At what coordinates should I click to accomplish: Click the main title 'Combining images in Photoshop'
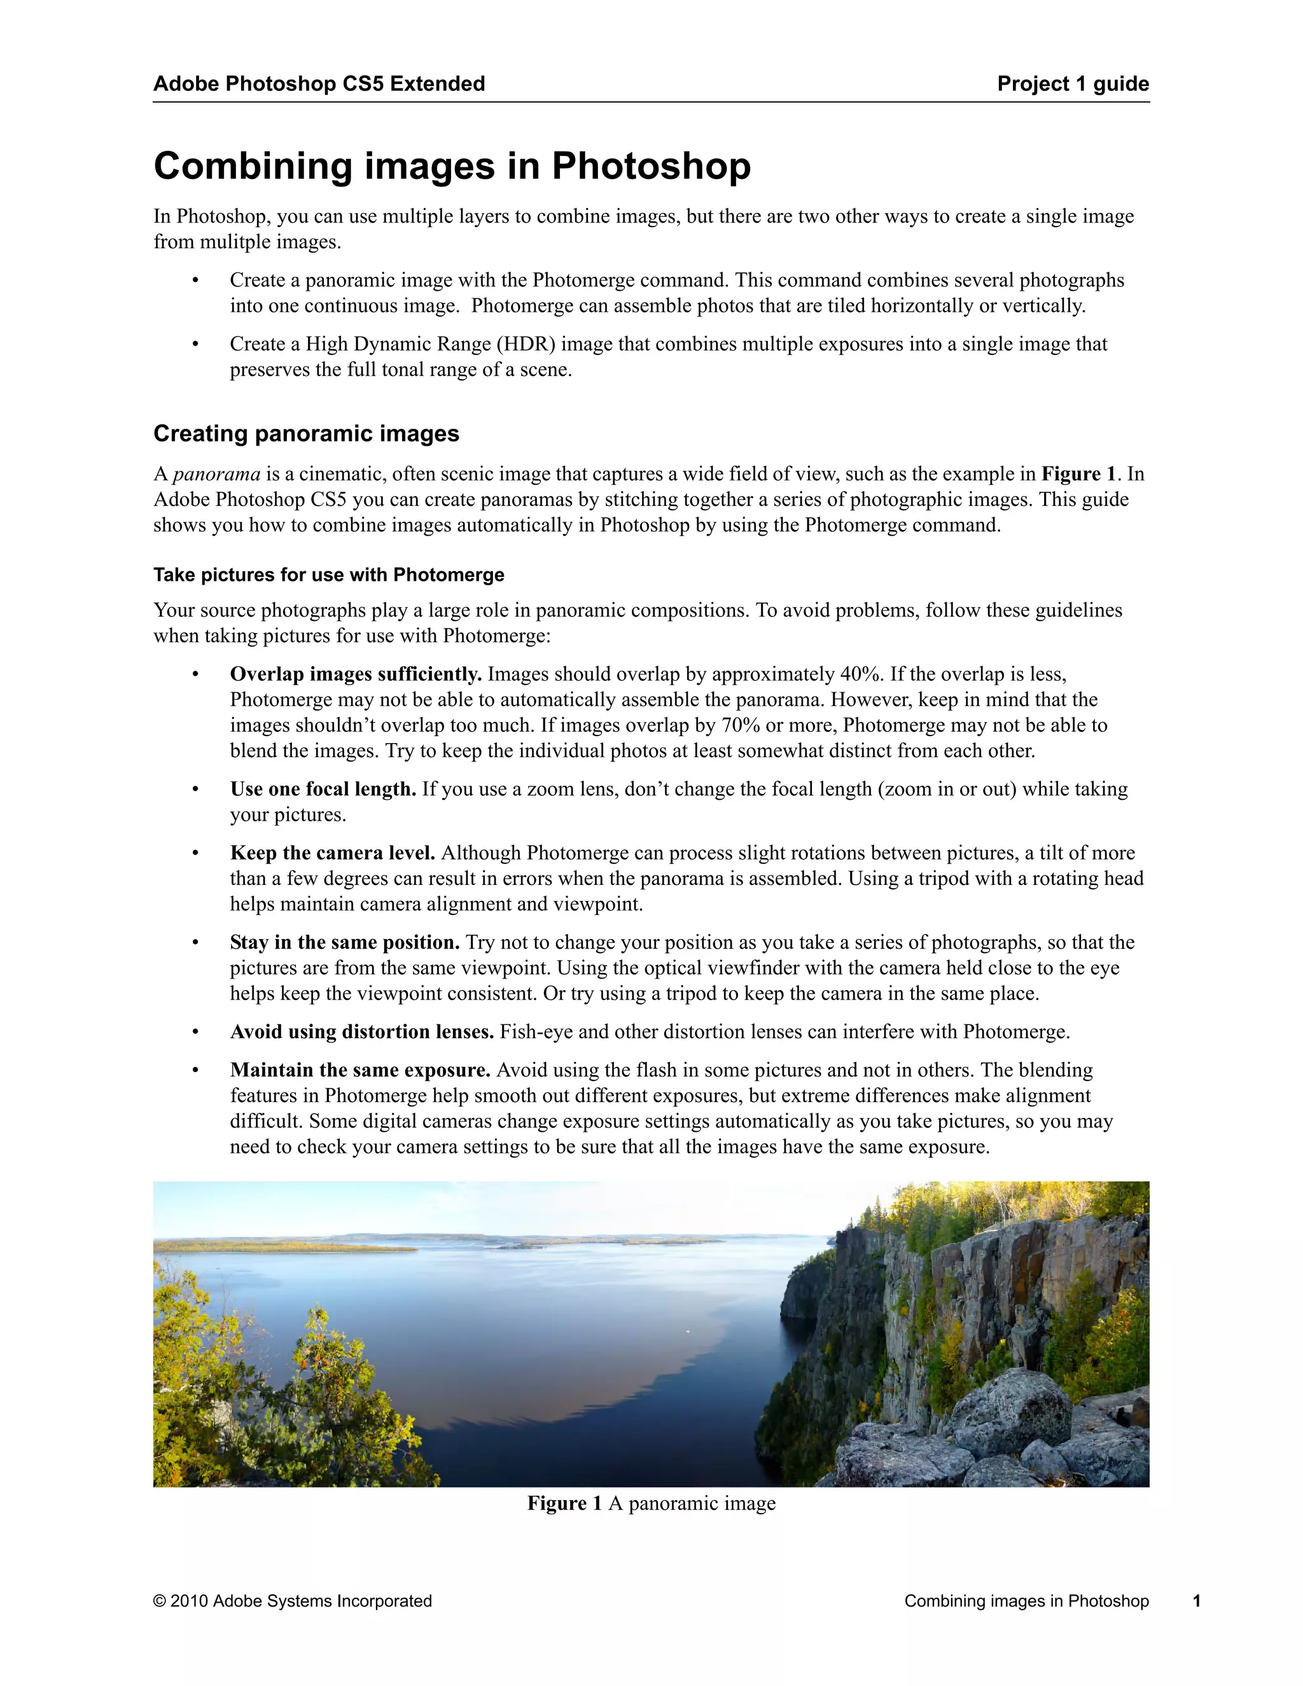452,166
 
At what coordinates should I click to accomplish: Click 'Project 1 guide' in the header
1072,83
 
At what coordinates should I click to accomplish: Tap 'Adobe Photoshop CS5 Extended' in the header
319,83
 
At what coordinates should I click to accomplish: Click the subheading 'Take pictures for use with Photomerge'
328,575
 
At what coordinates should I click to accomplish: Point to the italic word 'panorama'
216,474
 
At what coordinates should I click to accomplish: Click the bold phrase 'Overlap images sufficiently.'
356,674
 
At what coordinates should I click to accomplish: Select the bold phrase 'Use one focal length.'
323,789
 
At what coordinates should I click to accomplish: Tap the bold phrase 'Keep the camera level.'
332,853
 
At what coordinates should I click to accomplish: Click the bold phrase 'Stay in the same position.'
344,943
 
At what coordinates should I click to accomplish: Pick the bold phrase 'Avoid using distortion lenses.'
361,1032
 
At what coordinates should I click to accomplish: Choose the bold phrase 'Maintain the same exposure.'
359,1070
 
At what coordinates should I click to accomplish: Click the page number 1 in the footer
1197,1601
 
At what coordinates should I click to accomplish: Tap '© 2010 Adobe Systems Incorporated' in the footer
293,1601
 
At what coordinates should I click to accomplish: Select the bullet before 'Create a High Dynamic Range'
196,344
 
